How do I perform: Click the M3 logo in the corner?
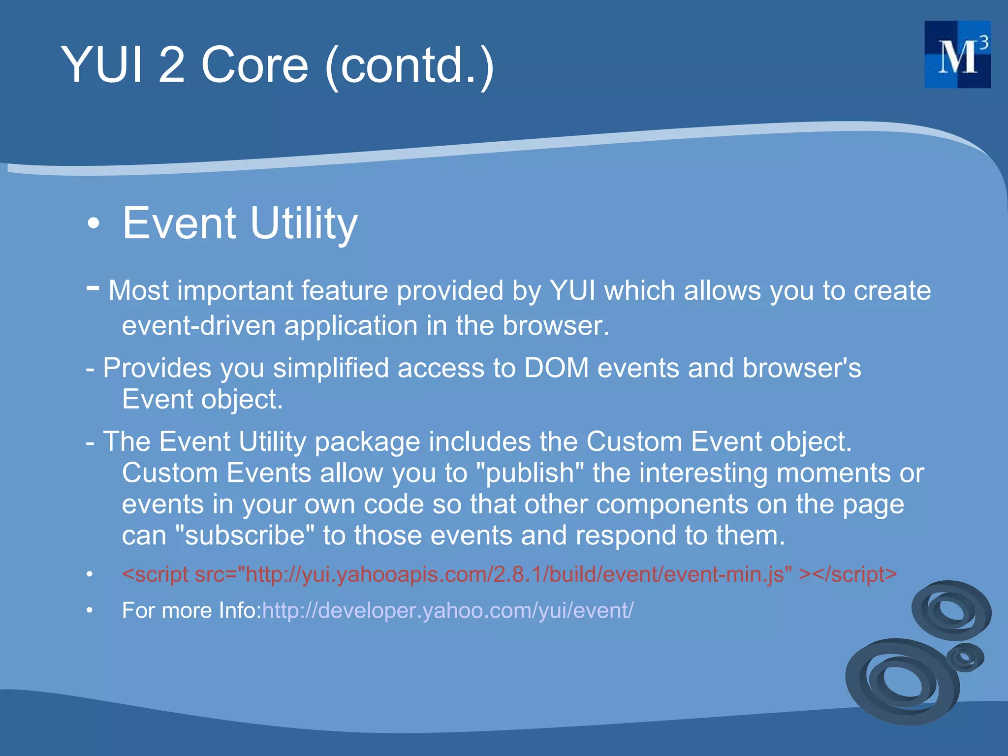pos(957,54)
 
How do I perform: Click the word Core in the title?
pos(254,65)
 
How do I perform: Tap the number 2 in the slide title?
pos(171,65)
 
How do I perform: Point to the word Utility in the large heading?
pos(304,224)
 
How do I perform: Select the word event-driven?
pos(198,326)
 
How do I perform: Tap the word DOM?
pos(556,368)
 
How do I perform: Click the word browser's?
pos(802,368)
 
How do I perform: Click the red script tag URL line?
pos(509,574)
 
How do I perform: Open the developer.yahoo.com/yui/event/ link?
pos(447,611)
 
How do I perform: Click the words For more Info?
pos(191,611)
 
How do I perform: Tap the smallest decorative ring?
pos(965,657)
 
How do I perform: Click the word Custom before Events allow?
pos(170,473)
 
